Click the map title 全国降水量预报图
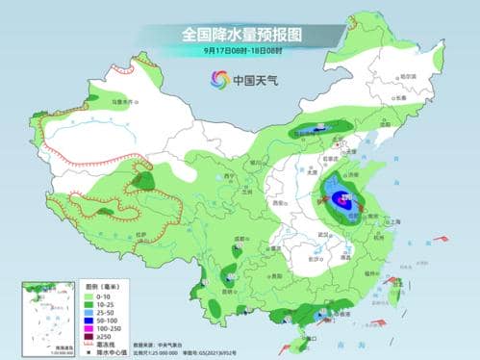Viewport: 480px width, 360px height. (x=240, y=35)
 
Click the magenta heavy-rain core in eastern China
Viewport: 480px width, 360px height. (x=340, y=200)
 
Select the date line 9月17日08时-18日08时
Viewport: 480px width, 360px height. (x=240, y=50)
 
